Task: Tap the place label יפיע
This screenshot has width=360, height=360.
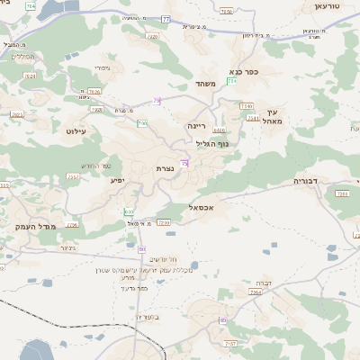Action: [117, 180]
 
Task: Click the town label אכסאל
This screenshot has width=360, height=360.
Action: [207, 207]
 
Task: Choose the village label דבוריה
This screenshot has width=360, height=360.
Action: [306, 181]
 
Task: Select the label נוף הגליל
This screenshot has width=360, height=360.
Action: [212, 144]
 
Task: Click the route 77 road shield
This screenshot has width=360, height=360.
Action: [166, 19]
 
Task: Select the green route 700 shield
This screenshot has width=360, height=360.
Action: [142, 123]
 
